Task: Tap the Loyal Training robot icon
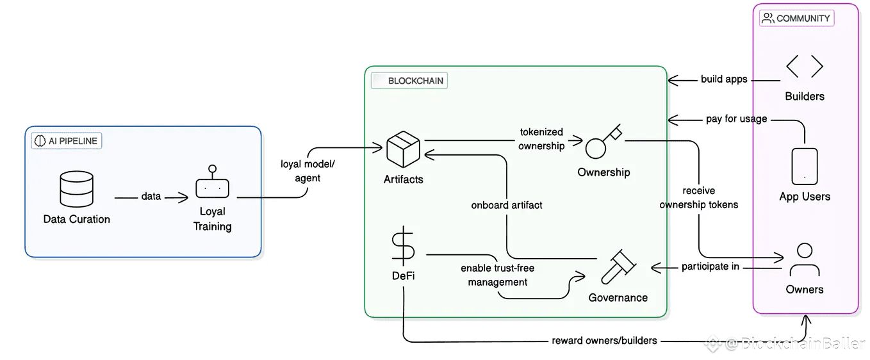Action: pyautogui.click(x=212, y=184)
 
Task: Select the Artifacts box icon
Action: pyautogui.click(x=403, y=149)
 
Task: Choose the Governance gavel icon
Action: pyautogui.click(x=618, y=266)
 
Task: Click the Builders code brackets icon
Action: pyautogui.click(x=804, y=67)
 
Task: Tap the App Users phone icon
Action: pyautogui.click(x=805, y=166)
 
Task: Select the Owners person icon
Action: pyautogui.click(x=804, y=259)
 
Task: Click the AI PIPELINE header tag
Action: pyautogui.click(x=67, y=141)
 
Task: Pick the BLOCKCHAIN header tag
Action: pyautogui.click(x=409, y=81)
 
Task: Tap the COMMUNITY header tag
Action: pyautogui.click(x=797, y=19)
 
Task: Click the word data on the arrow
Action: pyautogui.click(x=151, y=196)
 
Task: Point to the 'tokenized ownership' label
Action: pyautogui.click(x=542, y=139)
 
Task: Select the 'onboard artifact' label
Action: pyautogui.click(x=507, y=206)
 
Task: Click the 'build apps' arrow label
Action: pyautogui.click(x=724, y=79)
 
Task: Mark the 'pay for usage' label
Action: pyautogui.click(x=736, y=119)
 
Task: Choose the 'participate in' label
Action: pyautogui.click(x=710, y=266)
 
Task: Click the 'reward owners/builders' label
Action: pyautogui.click(x=604, y=341)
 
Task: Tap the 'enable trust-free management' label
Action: pyautogui.click(x=498, y=275)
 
